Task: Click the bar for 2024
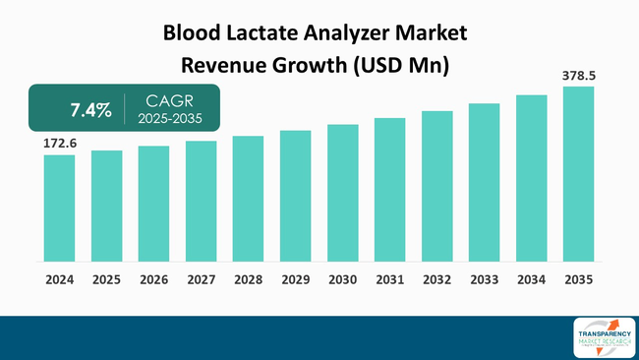coord(59,208)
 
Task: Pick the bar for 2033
coord(484,182)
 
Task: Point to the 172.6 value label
coord(59,144)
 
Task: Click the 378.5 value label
coord(578,75)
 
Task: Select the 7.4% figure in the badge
coord(90,110)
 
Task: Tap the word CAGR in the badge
coord(169,100)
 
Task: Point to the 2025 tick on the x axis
coord(106,279)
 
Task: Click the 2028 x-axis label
coord(248,279)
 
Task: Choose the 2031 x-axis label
coord(389,279)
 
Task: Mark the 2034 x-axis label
coord(531,279)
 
